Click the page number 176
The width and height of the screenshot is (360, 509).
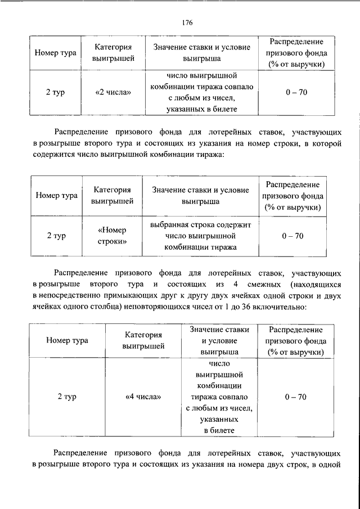tap(187, 22)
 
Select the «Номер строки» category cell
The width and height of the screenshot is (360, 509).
tap(112, 236)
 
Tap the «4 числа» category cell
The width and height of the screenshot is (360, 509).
tap(143, 397)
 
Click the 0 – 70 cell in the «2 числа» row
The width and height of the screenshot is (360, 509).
tap(295, 92)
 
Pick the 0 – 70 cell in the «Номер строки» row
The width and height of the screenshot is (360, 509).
tap(292, 236)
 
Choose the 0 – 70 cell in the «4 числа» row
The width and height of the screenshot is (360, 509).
tap(295, 397)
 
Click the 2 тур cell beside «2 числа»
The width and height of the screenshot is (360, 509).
tap(55, 92)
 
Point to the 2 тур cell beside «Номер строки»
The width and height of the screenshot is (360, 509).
tap(56, 236)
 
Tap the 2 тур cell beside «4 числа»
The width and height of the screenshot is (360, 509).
tap(67, 397)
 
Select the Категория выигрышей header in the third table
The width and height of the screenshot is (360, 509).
tap(143, 340)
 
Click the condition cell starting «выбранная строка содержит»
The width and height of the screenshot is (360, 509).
tap(202, 236)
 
